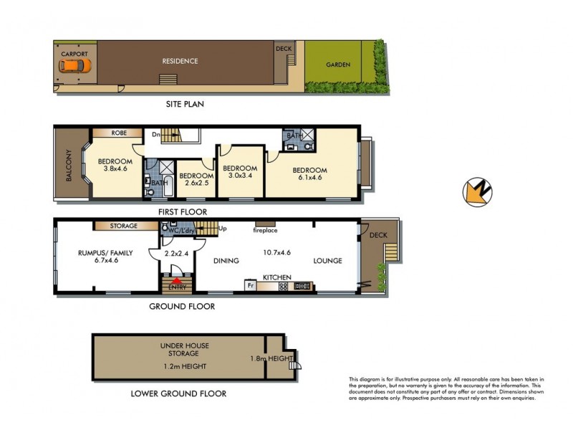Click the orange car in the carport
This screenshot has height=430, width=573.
point(75,67)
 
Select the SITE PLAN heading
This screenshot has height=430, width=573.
point(185,104)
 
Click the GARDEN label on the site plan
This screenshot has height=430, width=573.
point(338,64)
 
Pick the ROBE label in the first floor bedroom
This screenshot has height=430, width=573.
point(118,133)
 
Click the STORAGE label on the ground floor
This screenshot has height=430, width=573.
point(124,226)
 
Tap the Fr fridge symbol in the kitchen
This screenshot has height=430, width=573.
point(251,285)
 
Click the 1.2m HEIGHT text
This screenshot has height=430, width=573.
point(185,366)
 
